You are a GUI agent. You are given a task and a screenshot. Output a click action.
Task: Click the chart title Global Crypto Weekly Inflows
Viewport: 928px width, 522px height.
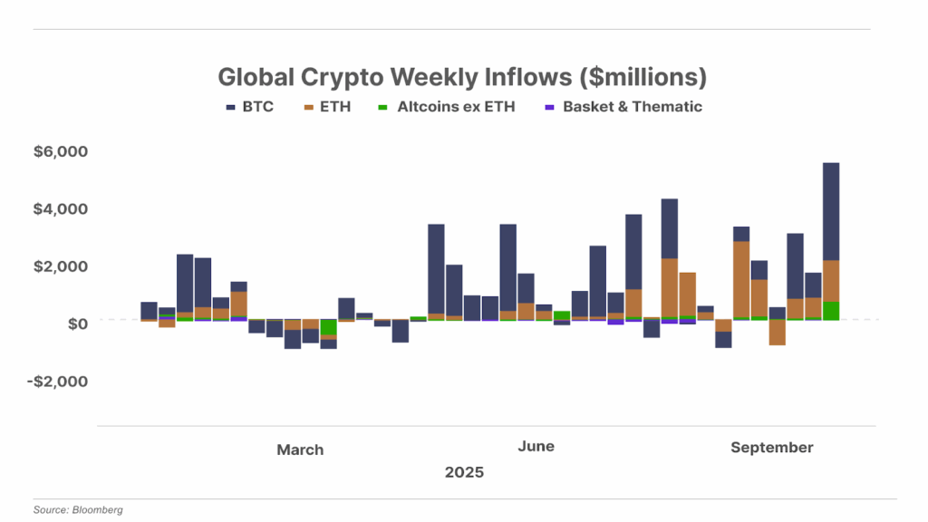coord(462,76)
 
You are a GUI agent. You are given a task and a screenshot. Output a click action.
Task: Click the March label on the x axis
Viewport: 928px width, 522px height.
coord(300,449)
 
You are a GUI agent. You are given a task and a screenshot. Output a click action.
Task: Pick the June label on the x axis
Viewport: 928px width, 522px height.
coord(536,447)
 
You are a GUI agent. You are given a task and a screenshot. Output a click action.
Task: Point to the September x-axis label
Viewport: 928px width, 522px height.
coord(772,448)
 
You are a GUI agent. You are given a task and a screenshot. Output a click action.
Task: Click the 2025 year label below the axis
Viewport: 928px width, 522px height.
coord(464,472)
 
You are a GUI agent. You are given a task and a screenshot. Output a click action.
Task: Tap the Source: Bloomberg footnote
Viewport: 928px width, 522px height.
coord(78,510)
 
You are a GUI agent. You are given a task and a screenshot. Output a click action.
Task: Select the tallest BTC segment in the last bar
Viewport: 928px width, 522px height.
coord(831,211)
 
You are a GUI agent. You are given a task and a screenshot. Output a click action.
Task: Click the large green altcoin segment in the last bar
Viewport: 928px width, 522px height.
coord(831,311)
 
